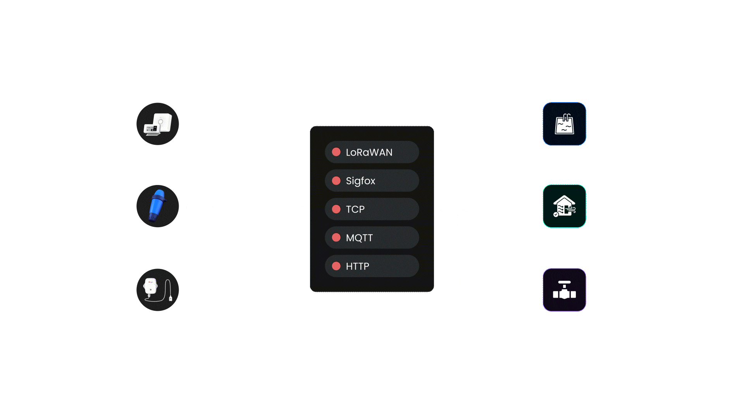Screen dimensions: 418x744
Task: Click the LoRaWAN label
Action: [369, 152]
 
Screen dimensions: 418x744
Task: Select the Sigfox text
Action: [360, 181]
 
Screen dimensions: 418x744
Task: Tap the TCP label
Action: [355, 209]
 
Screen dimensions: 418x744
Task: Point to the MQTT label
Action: [359, 238]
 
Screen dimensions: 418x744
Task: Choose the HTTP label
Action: [357, 266]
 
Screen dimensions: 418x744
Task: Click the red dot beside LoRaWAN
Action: [336, 152]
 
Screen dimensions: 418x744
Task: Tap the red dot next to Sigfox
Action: [336, 181]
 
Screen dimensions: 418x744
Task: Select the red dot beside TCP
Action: [336, 209]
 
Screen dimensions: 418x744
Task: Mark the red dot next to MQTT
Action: [336, 238]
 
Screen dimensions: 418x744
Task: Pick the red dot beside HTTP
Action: [336, 266]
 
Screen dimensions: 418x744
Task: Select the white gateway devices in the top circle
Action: [158, 124]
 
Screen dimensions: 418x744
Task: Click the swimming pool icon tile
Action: [564, 124]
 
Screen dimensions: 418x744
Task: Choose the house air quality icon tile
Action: [564, 206]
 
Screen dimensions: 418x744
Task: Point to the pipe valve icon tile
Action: [564, 290]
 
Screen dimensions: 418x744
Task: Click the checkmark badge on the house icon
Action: [556, 214]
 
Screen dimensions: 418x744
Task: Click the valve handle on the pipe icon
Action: [564, 283]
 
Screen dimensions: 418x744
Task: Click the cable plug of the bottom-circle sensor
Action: [170, 298]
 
